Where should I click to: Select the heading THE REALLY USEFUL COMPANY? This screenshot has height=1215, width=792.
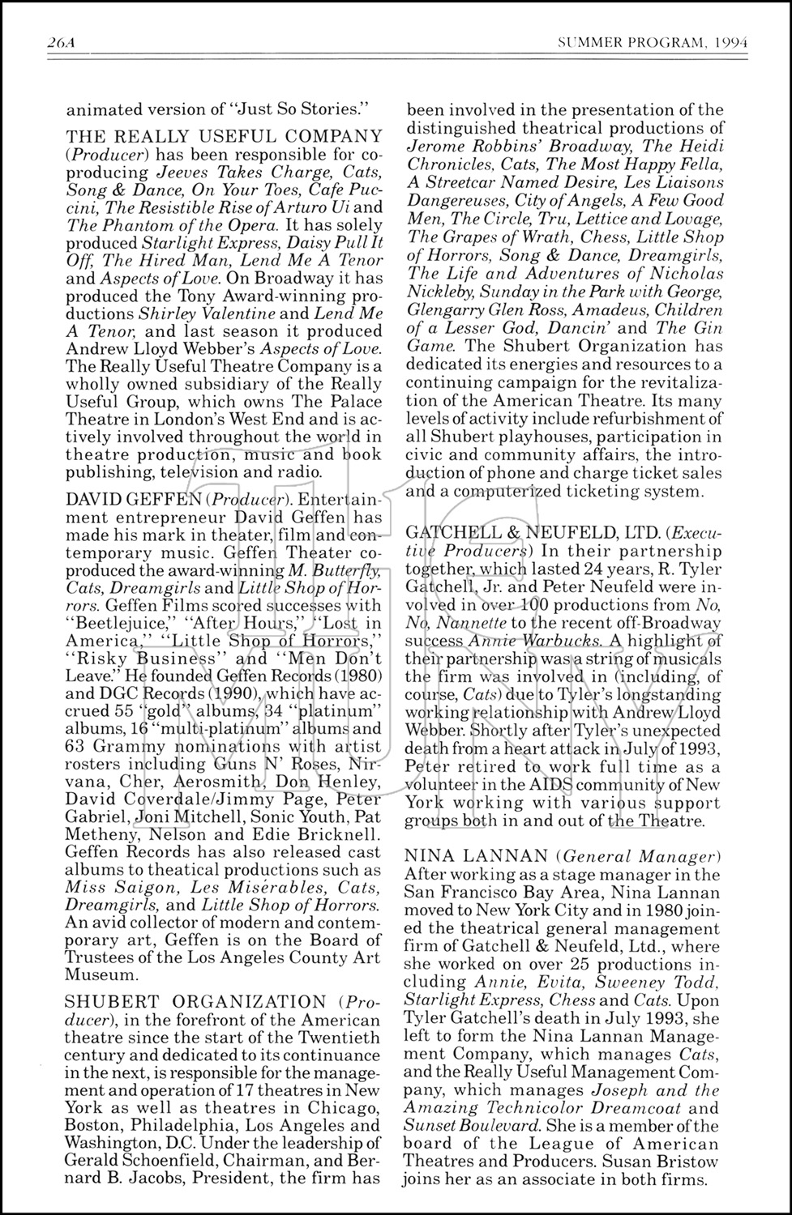[224, 136]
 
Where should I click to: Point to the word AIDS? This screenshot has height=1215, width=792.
[542, 785]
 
